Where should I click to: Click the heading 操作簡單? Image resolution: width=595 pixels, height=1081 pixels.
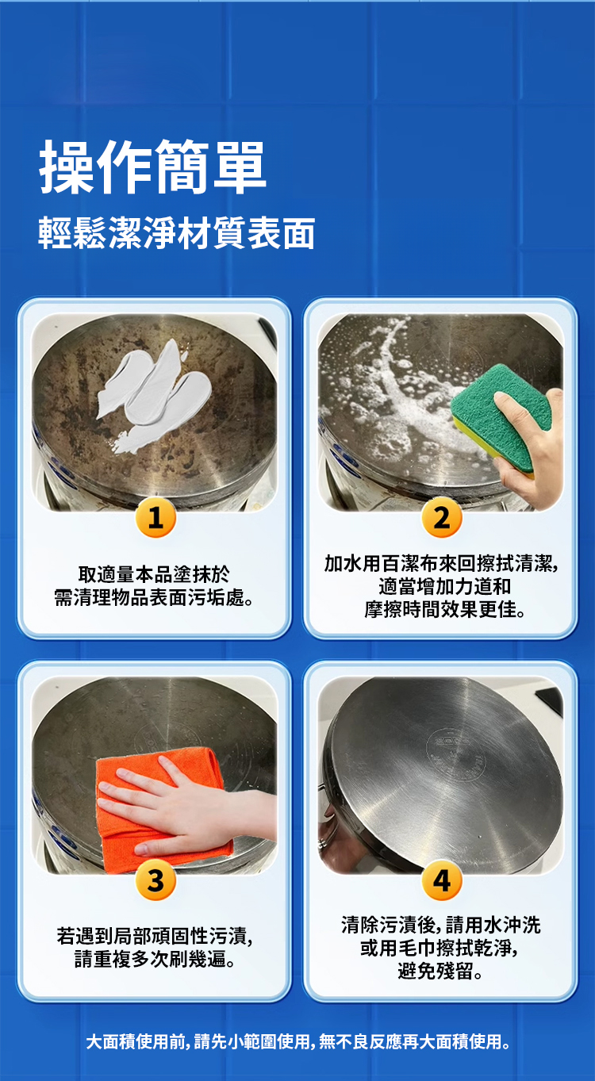coord(152,167)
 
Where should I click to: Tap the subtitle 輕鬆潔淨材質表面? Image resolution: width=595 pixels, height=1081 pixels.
coord(177,233)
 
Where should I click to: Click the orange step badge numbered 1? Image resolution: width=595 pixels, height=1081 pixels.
coord(155,518)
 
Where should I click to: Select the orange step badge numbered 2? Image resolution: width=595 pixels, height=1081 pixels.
coord(442,518)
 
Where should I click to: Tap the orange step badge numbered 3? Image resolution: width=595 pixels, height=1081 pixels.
coord(155,880)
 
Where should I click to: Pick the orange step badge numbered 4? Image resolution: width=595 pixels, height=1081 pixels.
coord(442,880)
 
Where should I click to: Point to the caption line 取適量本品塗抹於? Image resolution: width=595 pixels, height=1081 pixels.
coord(154,574)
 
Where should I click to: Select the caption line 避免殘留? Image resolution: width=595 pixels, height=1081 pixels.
coord(440,971)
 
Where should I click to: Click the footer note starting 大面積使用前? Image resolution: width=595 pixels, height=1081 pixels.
coord(297,1042)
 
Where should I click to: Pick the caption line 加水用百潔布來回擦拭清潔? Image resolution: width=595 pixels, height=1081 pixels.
coord(441,563)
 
